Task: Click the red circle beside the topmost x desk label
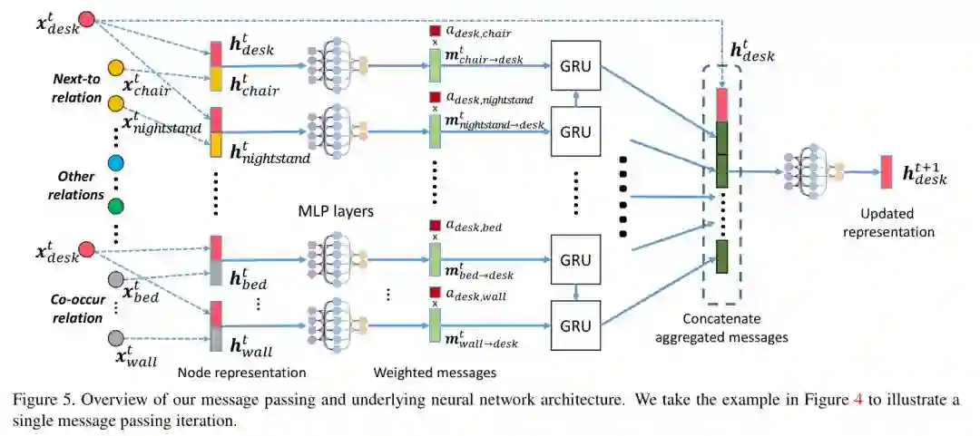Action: pyautogui.click(x=87, y=18)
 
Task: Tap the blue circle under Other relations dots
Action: pyautogui.click(x=115, y=163)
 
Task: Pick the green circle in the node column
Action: pyautogui.click(x=115, y=206)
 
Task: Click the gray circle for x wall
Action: pyautogui.click(x=115, y=338)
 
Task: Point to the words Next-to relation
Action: pyautogui.click(x=76, y=88)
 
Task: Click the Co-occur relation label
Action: pyautogui.click(x=75, y=310)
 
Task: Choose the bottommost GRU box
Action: pyautogui.click(x=575, y=325)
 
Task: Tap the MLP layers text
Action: pyautogui.click(x=337, y=211)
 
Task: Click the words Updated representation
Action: pyautogui.click(x=888, y=223)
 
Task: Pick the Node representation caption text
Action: pyautogui.click(x=241, y=372)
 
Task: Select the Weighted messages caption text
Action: pyautogui.click(x=435, y=372)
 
